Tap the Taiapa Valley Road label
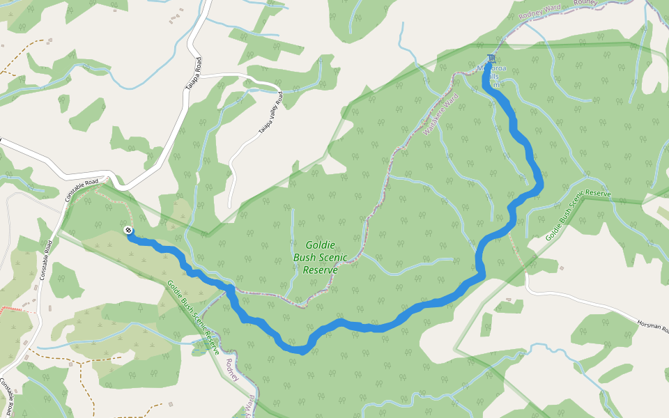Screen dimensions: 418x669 [271, 112]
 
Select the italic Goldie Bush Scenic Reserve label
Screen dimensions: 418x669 [320, 257]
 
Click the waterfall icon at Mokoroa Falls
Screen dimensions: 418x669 [493, 57]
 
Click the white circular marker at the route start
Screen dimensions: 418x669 [128, 230]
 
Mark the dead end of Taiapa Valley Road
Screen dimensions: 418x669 [229, 207]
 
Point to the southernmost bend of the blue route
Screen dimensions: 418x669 [301, 351]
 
